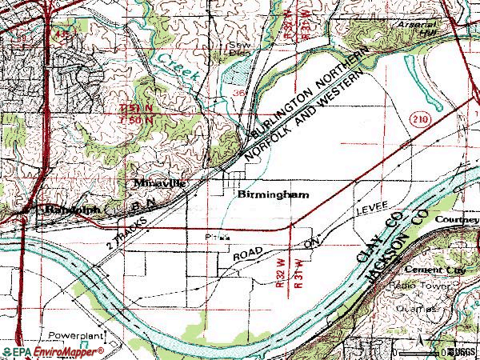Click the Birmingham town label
click(x=273, y=194)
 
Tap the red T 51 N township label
click(x=136, y=108)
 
